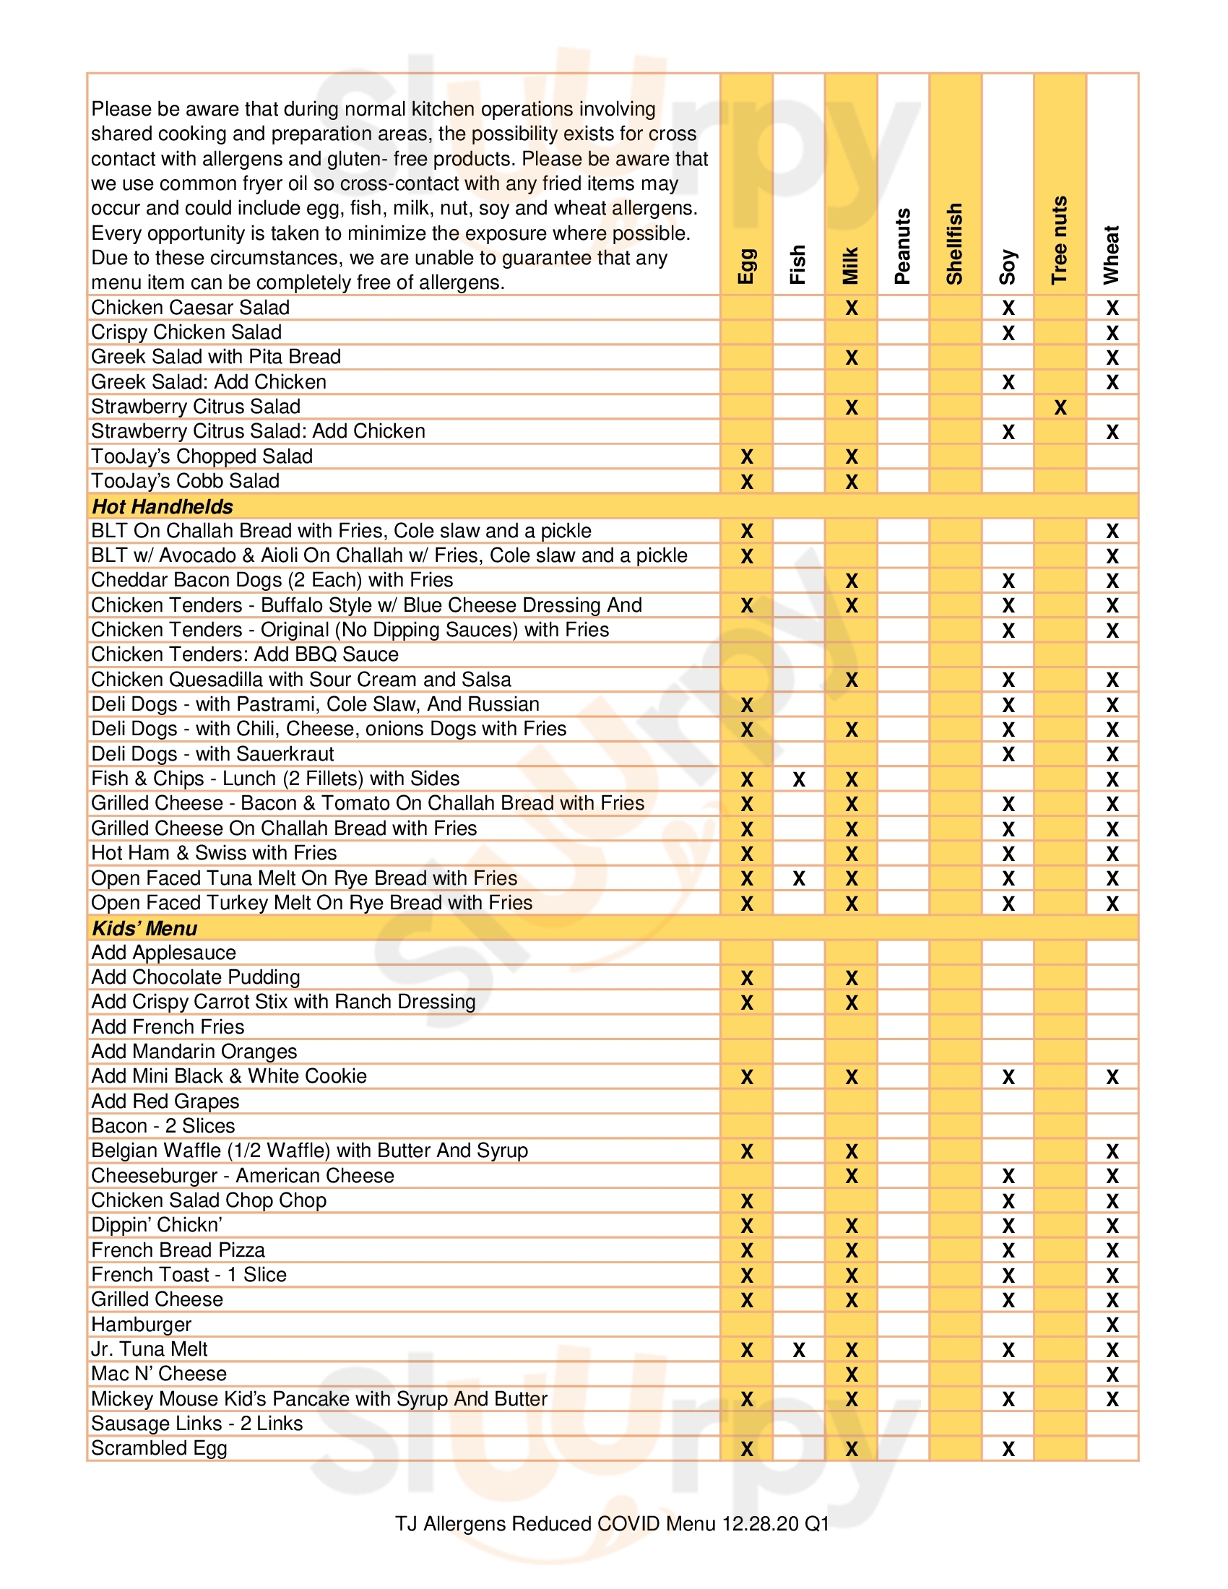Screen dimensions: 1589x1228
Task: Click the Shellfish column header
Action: tap(954, 243)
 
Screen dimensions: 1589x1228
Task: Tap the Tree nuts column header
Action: tap(1059, 240)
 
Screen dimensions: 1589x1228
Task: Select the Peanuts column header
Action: tap(902, 246)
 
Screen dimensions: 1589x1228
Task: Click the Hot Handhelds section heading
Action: tap(163, 506)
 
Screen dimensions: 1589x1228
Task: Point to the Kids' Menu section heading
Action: tap(144, 928)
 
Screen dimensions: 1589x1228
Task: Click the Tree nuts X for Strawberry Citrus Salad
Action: tap(1060, 407)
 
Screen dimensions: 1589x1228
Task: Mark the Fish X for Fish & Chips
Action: tap(799, 779)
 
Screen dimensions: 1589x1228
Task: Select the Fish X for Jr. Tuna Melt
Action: tap(799, 1351)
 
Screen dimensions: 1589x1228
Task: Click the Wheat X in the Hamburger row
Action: tap(1112, 1325)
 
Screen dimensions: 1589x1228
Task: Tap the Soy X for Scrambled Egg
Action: tap(1008, 1449)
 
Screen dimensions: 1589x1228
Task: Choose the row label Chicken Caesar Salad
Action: tap(190, 308)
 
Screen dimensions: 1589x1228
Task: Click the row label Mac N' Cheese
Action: tap(159, 1374)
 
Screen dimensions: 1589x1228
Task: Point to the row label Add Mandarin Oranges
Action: tap(194, 1052)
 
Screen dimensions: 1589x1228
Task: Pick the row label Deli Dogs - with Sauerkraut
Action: tap(212, 754)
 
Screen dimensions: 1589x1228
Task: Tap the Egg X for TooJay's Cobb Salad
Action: tap(746, 482)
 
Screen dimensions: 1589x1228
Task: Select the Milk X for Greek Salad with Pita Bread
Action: tap(851, 358)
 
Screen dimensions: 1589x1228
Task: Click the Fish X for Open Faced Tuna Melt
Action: tap(799, 878)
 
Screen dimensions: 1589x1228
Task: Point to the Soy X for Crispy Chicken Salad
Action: tap(1008, 333)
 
